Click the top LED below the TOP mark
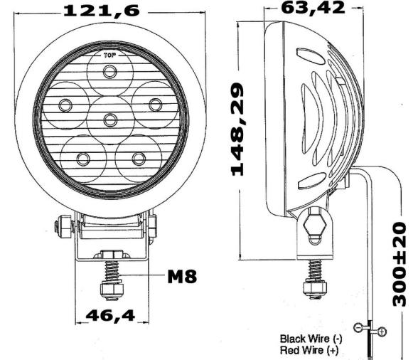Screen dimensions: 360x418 109,71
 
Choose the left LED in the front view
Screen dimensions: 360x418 65,105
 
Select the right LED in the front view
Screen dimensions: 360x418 154,105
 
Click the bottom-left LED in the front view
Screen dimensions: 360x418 82,158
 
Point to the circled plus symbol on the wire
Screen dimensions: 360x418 382,332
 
